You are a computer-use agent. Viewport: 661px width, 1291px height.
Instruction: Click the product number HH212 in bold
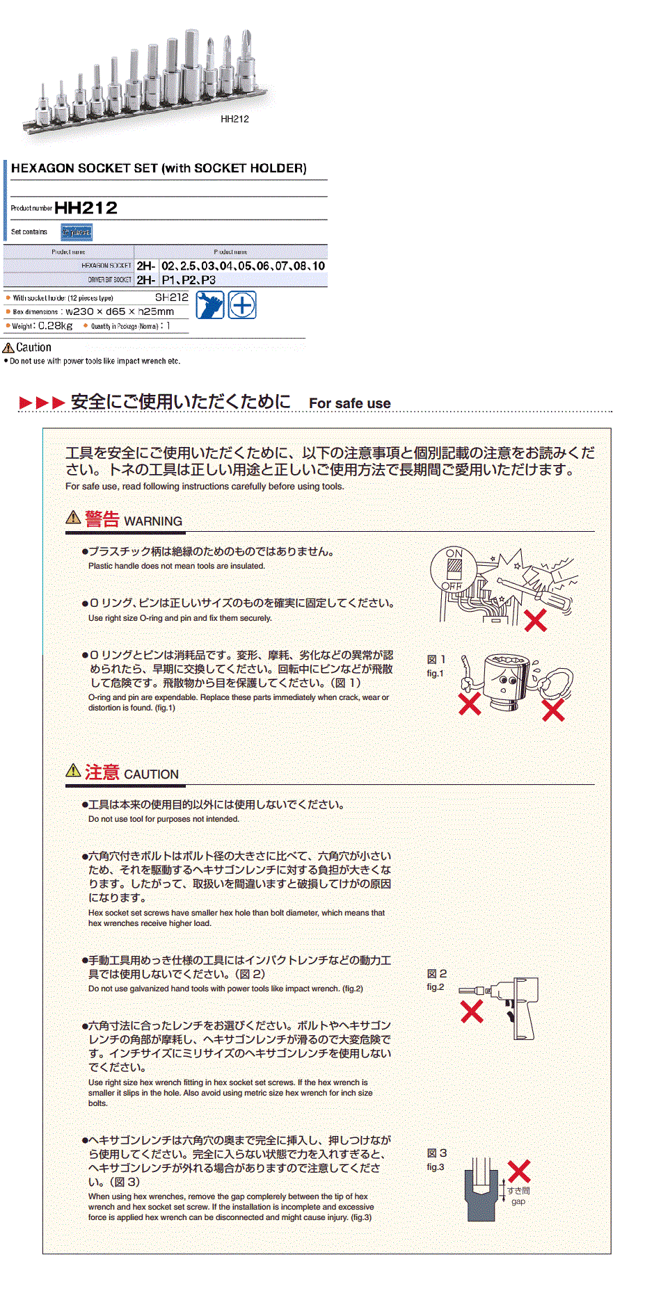click(x=86, y=208)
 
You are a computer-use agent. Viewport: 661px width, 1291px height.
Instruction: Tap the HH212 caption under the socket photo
click(x=234, y=119)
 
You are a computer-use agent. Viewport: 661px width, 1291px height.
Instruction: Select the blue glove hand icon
click(x=209, y=305)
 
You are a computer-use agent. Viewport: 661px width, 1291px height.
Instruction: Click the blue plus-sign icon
click(x=242, y=305)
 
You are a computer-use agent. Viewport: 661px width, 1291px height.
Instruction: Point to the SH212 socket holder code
click(x=171, y=298)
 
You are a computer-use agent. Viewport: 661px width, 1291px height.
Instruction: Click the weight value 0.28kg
click(x=55, y=326)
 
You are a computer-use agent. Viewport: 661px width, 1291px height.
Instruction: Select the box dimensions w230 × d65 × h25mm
click(x=120, y=312)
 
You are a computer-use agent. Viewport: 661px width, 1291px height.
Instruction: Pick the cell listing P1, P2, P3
click(x=189, y=280)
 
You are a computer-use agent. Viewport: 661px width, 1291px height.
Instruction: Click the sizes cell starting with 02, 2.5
click(x=243, y=266)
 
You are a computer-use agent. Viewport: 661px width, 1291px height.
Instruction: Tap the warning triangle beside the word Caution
click(x=8, y=348)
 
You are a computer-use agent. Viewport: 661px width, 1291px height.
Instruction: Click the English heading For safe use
click(x=349, y=404)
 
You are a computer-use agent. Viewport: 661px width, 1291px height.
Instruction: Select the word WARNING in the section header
click(x=153, y=521)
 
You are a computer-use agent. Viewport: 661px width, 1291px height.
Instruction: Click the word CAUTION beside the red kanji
click(x=151, y=774)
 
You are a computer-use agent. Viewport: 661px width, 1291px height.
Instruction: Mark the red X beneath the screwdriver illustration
click(x=535, y=620)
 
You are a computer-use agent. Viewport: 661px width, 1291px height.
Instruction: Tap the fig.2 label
click(x=436, y=987)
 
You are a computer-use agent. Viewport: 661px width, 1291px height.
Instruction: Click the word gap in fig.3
click(x=518, y=1202)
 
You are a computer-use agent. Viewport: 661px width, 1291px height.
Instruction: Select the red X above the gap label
click(x=519, y=1171)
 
